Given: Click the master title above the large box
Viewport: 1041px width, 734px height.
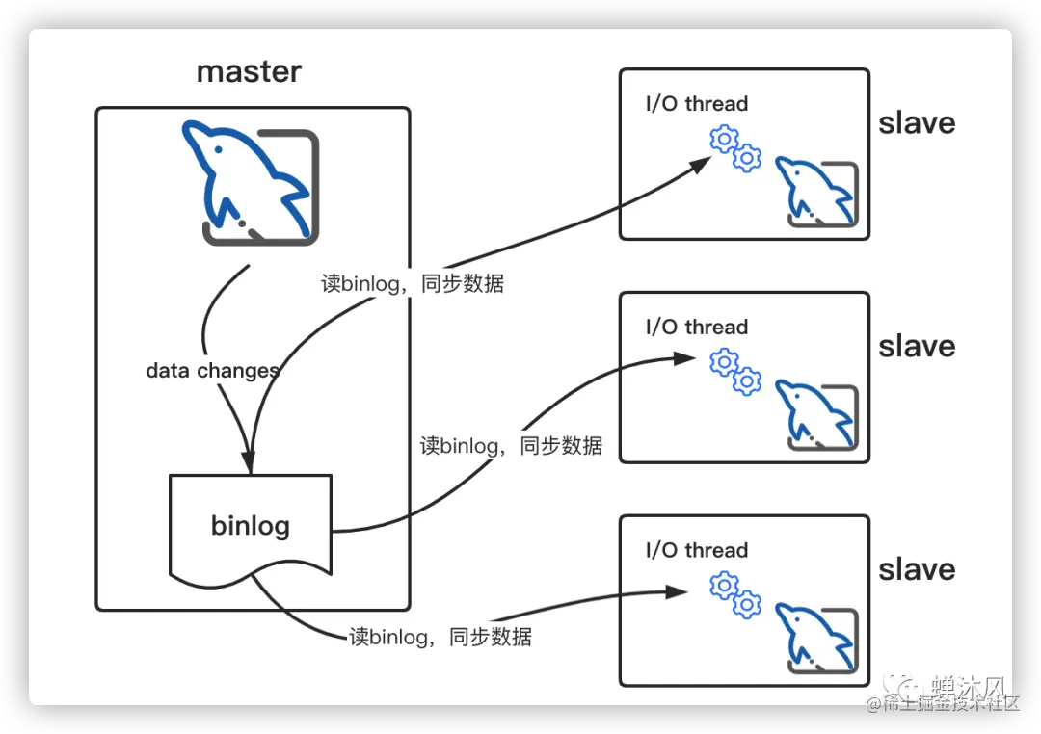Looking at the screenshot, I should pos(249,71).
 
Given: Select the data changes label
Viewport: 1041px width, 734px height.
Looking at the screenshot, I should pos(212,371).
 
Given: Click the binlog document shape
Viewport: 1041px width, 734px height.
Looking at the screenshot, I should pos(251,526).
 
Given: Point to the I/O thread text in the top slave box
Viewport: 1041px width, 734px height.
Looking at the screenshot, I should pos(696,104).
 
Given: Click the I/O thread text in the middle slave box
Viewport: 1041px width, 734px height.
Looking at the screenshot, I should pos(696,328).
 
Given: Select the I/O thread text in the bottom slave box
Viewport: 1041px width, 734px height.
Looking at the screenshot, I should pos(696,551).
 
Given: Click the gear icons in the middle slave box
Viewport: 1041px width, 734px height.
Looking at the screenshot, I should pos(735,372).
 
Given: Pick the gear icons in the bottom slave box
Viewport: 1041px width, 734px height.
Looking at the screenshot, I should pos(735,594).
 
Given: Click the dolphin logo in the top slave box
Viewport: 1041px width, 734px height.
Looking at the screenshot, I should pos(818,194).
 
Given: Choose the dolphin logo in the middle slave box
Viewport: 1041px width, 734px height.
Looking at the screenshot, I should pos(818,416).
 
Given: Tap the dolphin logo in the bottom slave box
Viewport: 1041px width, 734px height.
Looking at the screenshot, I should pos(818,639).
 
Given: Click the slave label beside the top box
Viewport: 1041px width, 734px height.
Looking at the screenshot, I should pos(917,123).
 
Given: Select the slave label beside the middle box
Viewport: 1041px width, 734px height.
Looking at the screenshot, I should pos(917,347).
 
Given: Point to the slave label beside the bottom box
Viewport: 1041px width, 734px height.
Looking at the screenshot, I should pos(917,570).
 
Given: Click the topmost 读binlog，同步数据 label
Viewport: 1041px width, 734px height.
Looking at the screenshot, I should pos(413,283).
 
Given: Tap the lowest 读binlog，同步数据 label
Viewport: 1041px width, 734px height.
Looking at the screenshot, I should pos(440,637).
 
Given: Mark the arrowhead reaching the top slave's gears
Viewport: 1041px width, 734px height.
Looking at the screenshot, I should pos(702,165).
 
